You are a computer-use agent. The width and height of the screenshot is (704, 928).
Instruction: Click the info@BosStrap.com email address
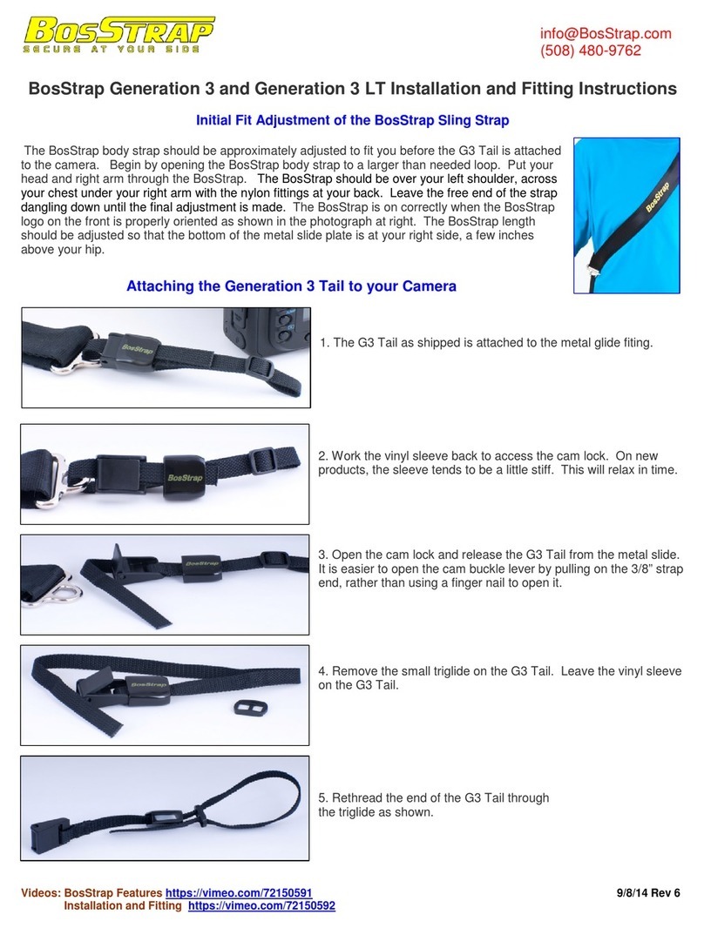pos(606,33)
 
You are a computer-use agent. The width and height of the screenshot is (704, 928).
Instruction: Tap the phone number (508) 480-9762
pos(591,50)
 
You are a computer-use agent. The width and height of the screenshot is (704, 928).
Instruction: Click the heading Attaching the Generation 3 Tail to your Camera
pos(291,286)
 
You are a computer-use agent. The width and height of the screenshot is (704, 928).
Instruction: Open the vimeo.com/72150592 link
pos(261,906)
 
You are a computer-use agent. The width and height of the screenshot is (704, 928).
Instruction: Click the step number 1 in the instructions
pos(325,342)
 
